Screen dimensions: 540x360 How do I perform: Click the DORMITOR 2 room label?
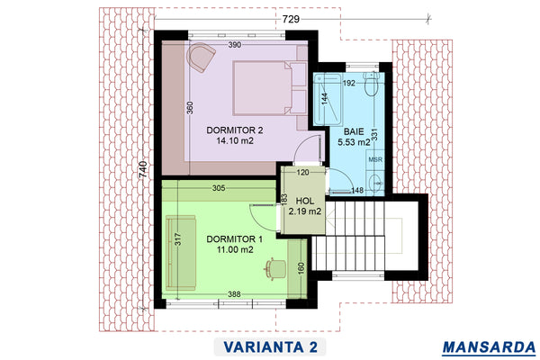[235, 130]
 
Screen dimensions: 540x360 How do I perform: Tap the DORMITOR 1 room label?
[235, 239]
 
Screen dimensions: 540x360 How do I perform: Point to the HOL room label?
[305, 201]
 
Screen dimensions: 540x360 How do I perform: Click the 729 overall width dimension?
[291, 19]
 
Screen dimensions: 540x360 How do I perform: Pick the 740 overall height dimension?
[143, 169]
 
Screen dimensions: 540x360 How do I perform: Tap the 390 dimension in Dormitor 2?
[235, 45]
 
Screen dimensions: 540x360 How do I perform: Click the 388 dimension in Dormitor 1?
[234, 294]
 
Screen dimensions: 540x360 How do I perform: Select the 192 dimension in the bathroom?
[349, 83]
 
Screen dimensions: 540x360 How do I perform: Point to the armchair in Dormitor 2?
[201, 57]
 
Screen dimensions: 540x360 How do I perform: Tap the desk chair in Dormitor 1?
[274, 268]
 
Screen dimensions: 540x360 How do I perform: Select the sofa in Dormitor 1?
[181, 253]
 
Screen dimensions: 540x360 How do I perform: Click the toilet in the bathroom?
[371, 84]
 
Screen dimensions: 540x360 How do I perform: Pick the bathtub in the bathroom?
[328, 100]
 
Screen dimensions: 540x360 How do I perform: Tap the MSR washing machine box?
[375, 160]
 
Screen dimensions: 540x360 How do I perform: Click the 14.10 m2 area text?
[235, 140]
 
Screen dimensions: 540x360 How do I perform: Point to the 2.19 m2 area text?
[305, 211]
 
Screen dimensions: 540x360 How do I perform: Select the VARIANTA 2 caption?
[270, 346]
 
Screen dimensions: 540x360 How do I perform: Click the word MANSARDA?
[489, 347]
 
